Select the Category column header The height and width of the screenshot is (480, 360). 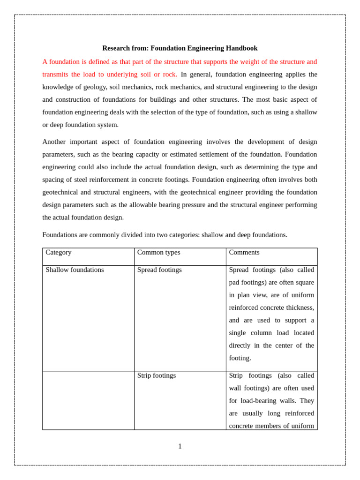tap(59, 253)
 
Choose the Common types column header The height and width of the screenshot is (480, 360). tap(158, 253)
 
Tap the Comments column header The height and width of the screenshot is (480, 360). tap(244, 253)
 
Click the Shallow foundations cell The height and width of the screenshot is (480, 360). tap(75, 270)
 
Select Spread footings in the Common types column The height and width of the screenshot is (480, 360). tap(159, 270)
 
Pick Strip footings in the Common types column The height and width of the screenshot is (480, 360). tap(157, 376)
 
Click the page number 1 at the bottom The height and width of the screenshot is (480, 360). tap(180, 447)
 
